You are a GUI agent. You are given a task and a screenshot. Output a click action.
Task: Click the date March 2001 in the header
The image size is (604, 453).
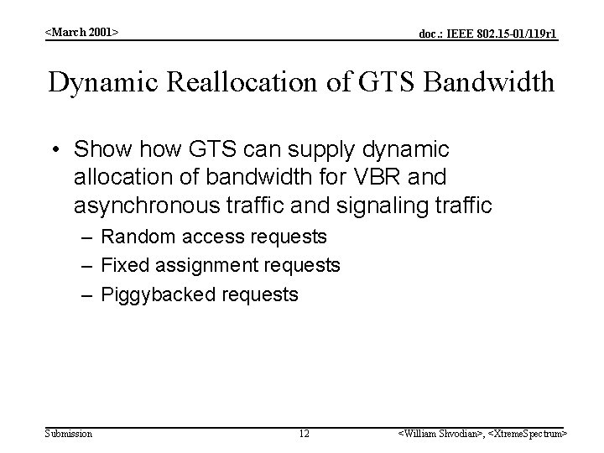tap(81, 32)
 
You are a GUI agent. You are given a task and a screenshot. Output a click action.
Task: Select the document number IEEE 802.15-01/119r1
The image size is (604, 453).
tap(488, 34)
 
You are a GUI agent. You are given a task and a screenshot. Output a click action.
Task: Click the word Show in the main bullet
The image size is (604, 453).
tap(97, 150)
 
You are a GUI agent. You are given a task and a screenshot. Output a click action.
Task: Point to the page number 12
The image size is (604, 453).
tap(304, 433)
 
